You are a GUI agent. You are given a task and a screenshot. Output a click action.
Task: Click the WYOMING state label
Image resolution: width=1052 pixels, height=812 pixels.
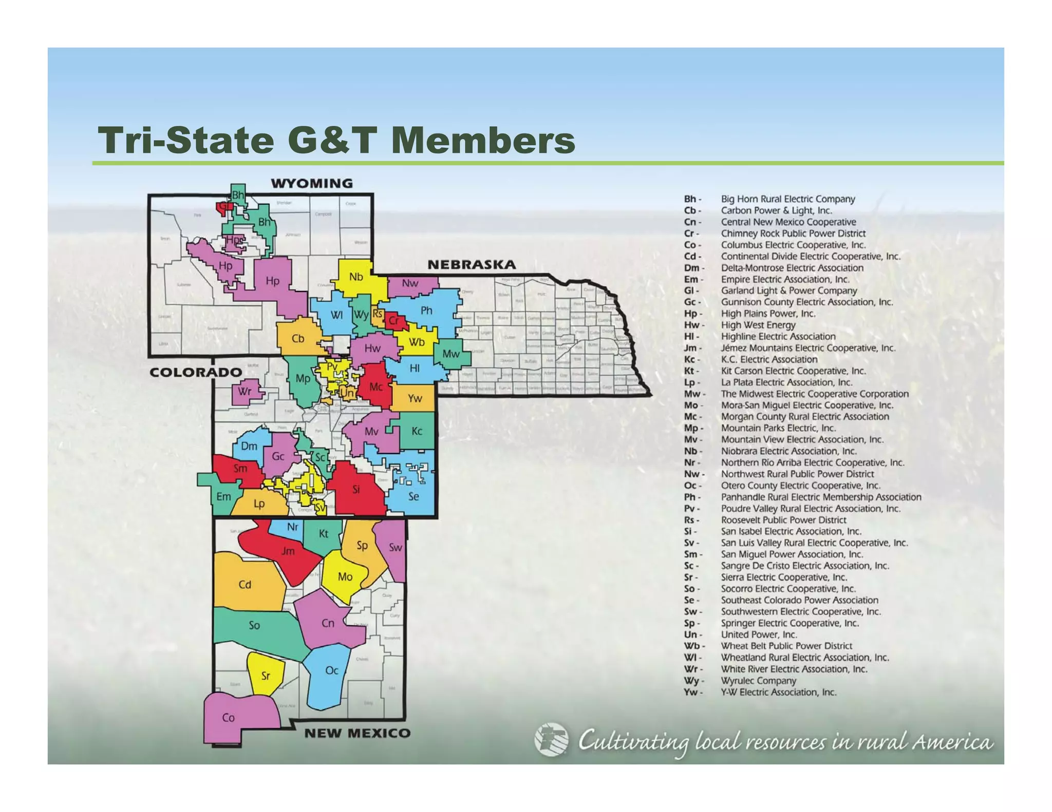click(312, 183)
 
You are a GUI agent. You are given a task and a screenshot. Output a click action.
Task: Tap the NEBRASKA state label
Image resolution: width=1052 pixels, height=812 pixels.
click(472, 264)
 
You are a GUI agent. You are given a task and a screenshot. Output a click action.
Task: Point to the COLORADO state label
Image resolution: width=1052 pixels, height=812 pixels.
click(196, 372)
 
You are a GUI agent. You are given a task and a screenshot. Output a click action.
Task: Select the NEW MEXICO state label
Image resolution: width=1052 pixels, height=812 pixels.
click(358, 733)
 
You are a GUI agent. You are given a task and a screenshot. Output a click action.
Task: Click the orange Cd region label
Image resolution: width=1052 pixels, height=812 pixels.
click(245, 585)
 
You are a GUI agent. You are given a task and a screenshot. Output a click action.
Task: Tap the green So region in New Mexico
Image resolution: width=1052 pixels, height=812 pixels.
click(254, 625)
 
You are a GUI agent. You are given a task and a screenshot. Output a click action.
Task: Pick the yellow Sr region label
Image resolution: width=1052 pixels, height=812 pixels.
click(266, 675)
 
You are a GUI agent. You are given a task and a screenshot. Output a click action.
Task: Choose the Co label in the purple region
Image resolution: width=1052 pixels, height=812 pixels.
click(228, 718)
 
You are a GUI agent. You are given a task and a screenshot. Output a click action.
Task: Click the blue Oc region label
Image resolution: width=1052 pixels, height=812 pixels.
click(332, 670)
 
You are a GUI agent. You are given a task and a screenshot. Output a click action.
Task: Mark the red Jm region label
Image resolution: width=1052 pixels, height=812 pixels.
click(288, 551)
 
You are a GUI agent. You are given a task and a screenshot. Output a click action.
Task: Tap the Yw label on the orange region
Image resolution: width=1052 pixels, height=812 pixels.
click(415, 398)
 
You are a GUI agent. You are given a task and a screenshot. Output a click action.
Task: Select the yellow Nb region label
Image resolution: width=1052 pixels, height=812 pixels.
click(356, 277)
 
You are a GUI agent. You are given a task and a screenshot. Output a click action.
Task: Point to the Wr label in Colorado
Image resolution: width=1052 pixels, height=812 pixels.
click(245, 391)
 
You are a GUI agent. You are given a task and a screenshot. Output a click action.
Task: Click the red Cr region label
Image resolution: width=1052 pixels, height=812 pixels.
click(394, 321)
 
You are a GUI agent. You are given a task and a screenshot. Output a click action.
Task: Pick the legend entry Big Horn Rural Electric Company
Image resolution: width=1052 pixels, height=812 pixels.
click(787, 199)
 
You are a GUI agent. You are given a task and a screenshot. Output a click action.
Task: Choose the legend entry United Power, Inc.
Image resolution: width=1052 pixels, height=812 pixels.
click(759, 634)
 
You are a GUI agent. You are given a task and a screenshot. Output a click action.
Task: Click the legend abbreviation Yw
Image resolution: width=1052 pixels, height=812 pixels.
click(691, 692)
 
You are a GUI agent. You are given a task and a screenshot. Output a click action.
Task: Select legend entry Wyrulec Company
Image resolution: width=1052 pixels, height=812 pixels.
click(758, 681)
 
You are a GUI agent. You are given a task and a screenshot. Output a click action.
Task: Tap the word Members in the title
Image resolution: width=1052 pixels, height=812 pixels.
click(483, 140)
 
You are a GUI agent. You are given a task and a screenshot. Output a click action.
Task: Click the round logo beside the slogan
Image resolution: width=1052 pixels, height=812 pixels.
click(551, 740)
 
